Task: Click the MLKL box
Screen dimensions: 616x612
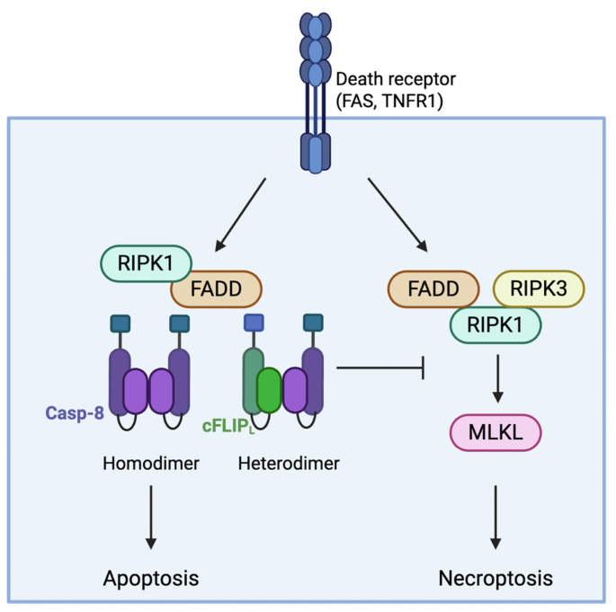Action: (x=495, y=432)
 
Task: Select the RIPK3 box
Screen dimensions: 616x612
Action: (x=539, y=288)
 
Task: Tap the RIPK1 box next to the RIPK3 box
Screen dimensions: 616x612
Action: (x=495, y=325)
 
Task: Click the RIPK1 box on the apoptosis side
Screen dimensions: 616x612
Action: (x=146, y=263)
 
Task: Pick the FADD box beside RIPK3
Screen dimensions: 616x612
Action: (x=433, y=288)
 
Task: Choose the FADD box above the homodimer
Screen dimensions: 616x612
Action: (x=216, y=288)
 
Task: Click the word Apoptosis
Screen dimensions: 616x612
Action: (x=151, y=579)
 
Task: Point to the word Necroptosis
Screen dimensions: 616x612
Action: (x=495, y=579)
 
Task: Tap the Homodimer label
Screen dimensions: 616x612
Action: (x=151, y=464)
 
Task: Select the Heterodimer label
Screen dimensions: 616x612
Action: (x=289, y=464)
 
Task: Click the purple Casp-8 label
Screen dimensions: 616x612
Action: (x=75, y=413)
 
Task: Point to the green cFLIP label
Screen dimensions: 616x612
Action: (x=228, y=427)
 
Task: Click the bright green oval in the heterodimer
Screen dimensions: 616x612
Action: (x=269, y=390)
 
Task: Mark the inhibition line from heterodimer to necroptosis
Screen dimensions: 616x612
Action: (x=380, y=368)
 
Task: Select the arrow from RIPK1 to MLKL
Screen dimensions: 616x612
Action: (x=498, y=378)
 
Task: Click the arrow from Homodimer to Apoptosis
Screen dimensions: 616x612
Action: (x=151, y=518)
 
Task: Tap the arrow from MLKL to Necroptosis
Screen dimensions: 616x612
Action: (x=495, y=518)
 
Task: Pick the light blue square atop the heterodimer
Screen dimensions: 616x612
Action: (x=254, y=323)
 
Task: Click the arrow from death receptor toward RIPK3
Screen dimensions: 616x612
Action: (x=397, y=215)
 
